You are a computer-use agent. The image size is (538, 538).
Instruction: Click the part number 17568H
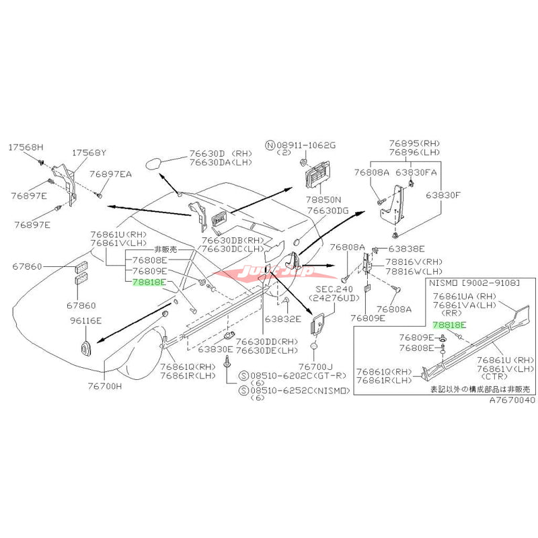(25, 147)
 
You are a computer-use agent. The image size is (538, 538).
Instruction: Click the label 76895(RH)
(412, 143)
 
